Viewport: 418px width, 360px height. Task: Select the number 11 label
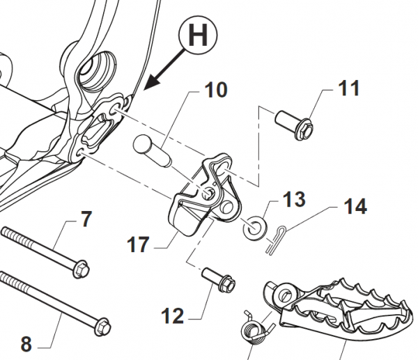(349, 89)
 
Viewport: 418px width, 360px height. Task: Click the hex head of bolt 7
(82, 267)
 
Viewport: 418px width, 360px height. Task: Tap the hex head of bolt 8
(102, 326)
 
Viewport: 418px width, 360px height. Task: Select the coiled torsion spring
(254, 325)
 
